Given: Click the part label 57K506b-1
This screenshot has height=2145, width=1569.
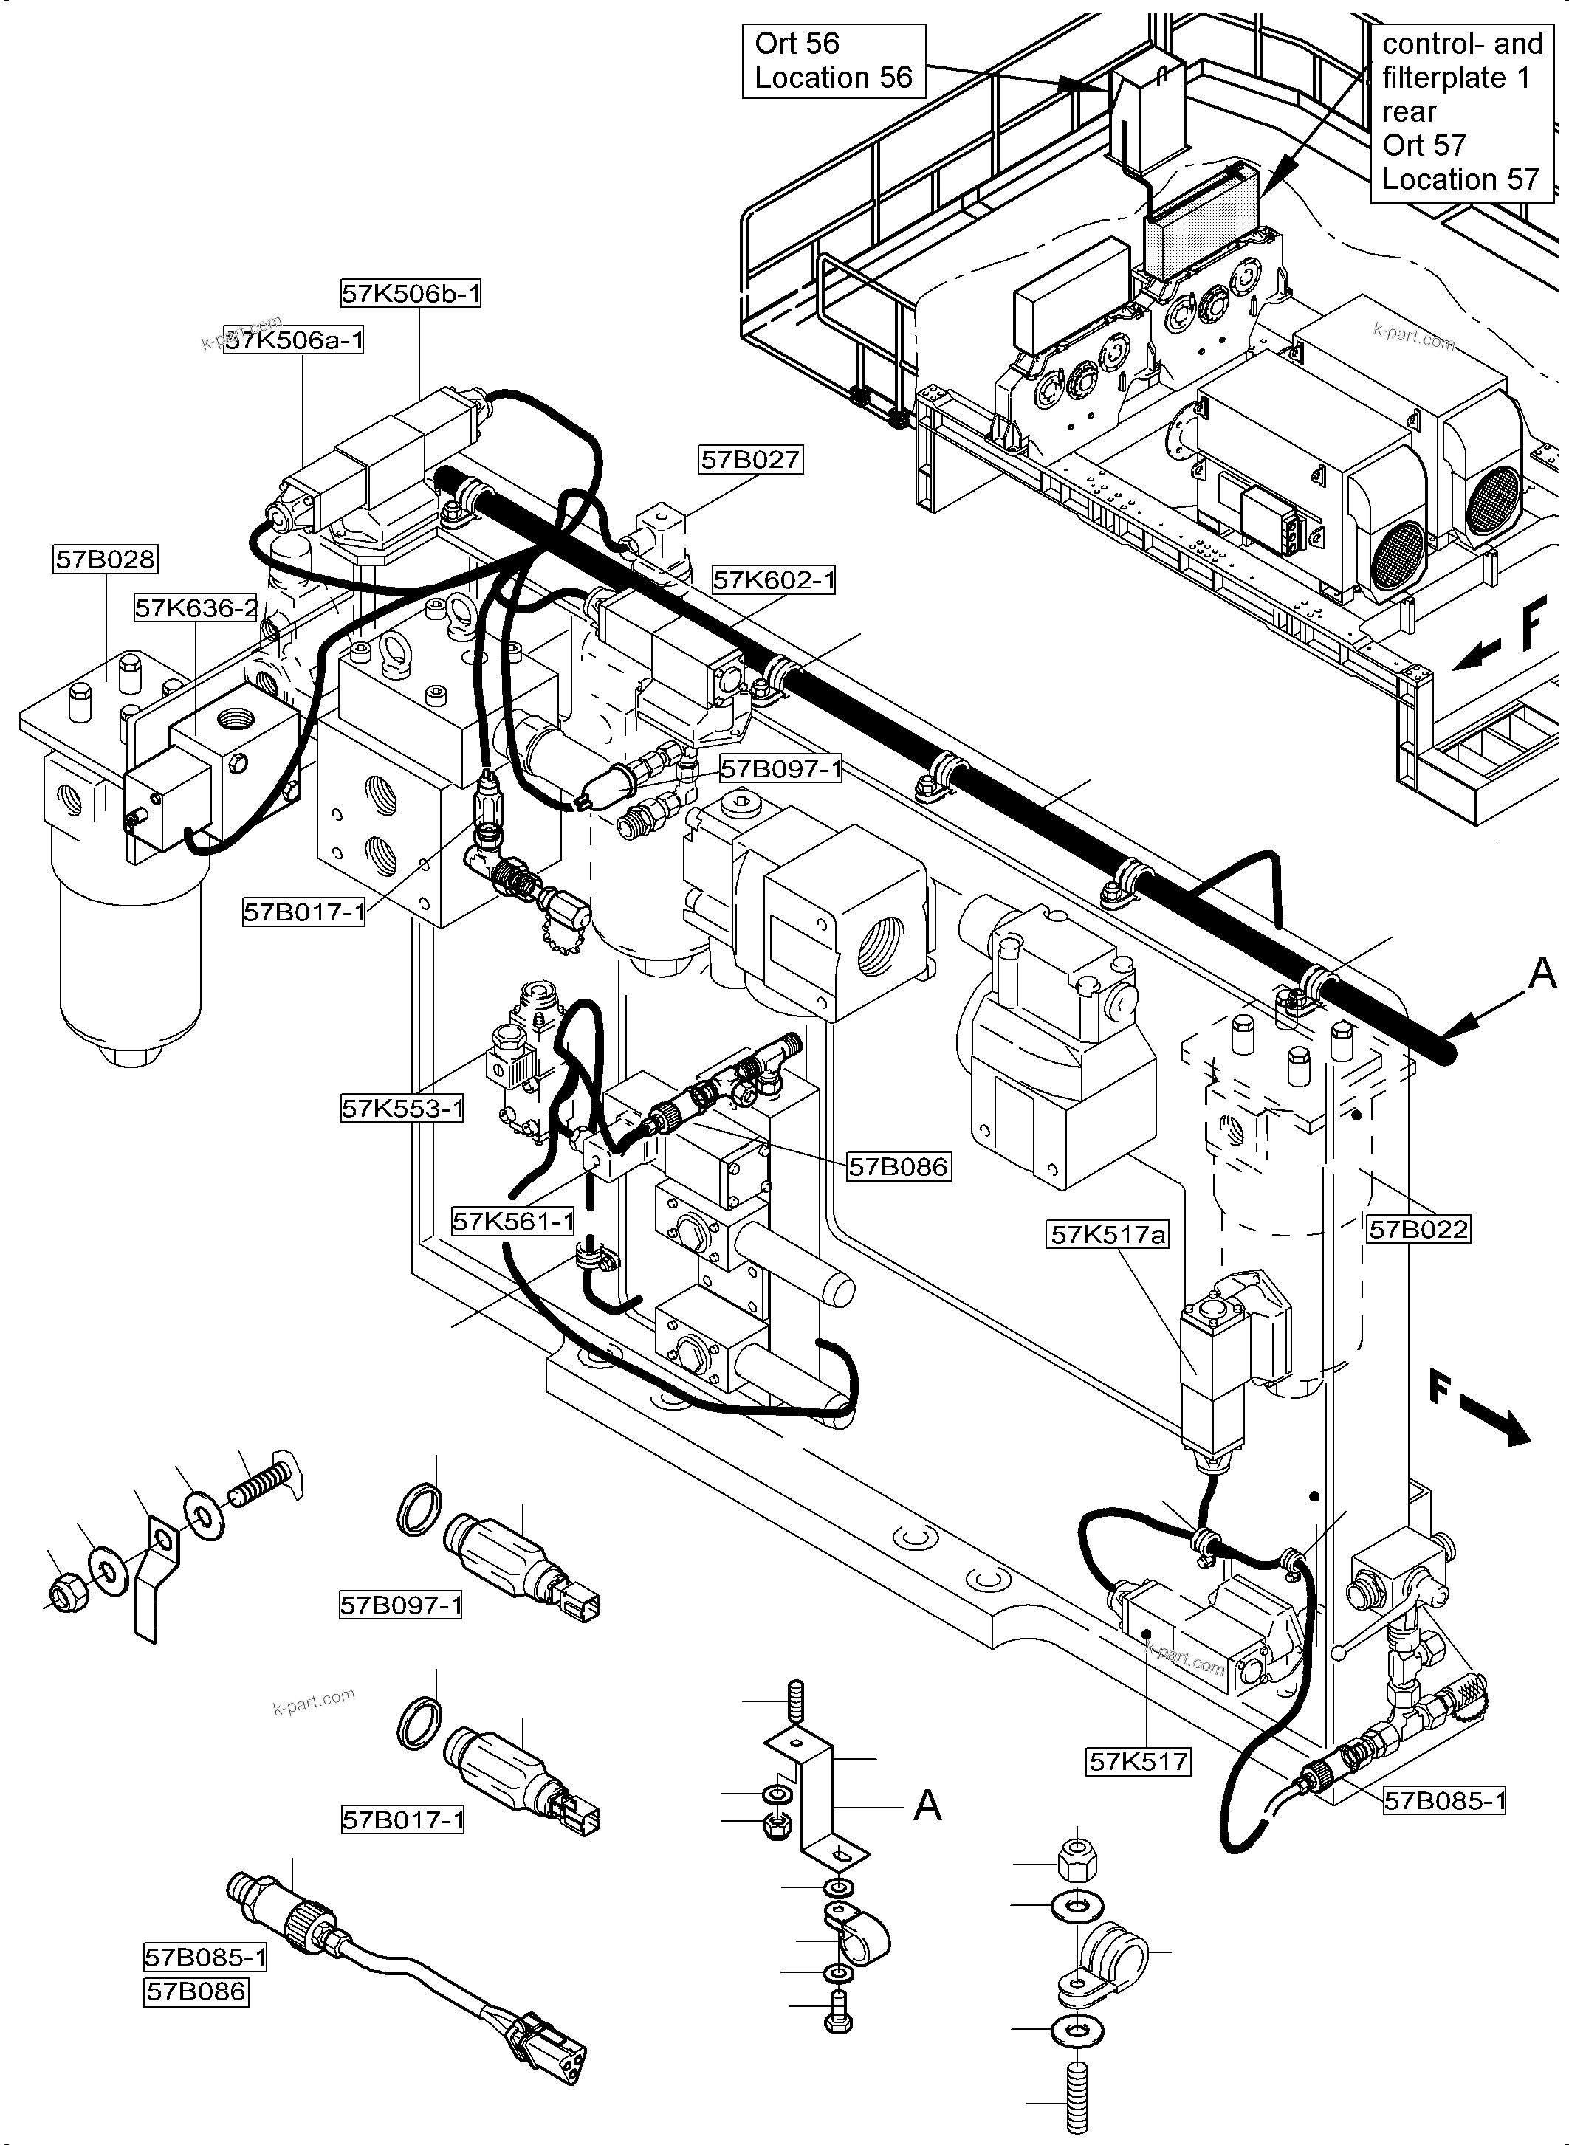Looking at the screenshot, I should pyautogui.click(x=411, y=295).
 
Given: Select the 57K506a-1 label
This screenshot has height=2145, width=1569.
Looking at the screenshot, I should pyautogui.click(x=295, y=340).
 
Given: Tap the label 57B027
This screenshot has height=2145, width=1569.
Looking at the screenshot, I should pyautogui.click(x=750, y=460).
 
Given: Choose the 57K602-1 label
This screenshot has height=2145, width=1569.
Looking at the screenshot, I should pyautogui.click(x=773, y=579).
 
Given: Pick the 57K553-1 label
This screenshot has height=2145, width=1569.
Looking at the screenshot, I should pyautogui.click(x=402, y=1108).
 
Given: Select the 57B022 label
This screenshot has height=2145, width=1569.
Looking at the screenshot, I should pyautogui.click(x=1418, y=1230).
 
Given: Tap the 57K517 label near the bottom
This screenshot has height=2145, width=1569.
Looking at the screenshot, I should pyautogui.click(x=1138, y=1763).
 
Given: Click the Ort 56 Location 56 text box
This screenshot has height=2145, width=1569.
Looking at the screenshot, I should pyautogui.click(x=833, y=61).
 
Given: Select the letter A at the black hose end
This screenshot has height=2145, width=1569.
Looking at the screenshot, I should pyautogui.click(x=1543, y=972).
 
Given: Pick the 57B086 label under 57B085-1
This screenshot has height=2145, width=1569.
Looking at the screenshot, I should pyautogui.click(x=196, y=1992).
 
